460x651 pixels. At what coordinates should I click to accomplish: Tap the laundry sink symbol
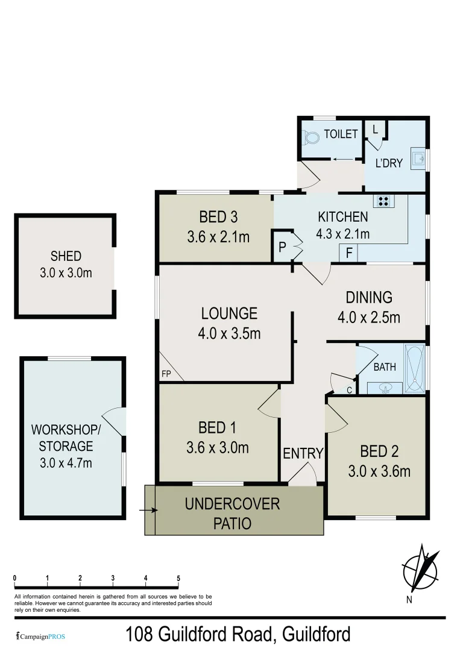point(418,158)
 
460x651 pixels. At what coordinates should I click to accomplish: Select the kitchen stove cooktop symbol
point(383,201)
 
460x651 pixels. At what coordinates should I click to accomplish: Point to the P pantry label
point(282,247)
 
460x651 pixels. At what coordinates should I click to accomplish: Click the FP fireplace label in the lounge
point(166,374)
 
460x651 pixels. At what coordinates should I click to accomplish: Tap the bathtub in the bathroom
point(415,368)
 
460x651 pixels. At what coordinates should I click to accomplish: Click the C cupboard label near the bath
point(349,390)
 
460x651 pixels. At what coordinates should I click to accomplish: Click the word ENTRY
point(303,453)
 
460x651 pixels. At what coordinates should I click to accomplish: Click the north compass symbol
point(421,570)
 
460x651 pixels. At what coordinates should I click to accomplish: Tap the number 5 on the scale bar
point(178,578)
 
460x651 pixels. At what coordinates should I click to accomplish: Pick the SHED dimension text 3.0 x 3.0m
point(66,273)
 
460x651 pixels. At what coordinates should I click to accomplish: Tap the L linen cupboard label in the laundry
point(375,130)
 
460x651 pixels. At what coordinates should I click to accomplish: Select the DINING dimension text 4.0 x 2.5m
point(369,316)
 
